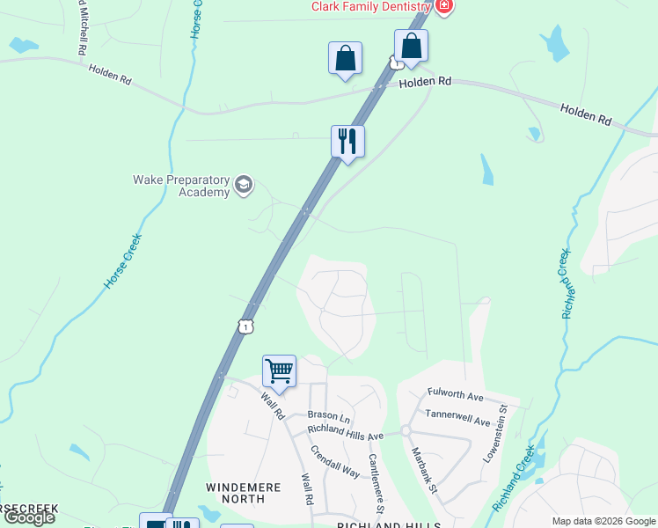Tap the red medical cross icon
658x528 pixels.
pos(444,6)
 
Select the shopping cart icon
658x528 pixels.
pos(279,370)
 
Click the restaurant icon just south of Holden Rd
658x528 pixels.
pos(348,141)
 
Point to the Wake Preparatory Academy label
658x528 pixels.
pos(180,186)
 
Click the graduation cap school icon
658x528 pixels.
pos(244,185)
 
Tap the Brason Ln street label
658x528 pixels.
pos(329,415)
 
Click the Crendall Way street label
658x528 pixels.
pos(335,461)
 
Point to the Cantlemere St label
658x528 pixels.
pos(376,483)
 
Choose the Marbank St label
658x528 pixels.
pos(428,469)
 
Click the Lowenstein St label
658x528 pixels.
pos(494,435)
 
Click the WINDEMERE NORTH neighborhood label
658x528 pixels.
pos(235,493)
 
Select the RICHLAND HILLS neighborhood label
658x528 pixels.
pos(389,524)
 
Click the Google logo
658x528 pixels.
pos(30,517)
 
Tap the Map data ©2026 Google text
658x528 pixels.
pos(603,522)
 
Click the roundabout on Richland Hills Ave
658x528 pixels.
pos(406,431)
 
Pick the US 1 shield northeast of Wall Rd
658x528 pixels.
pos(245,326)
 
